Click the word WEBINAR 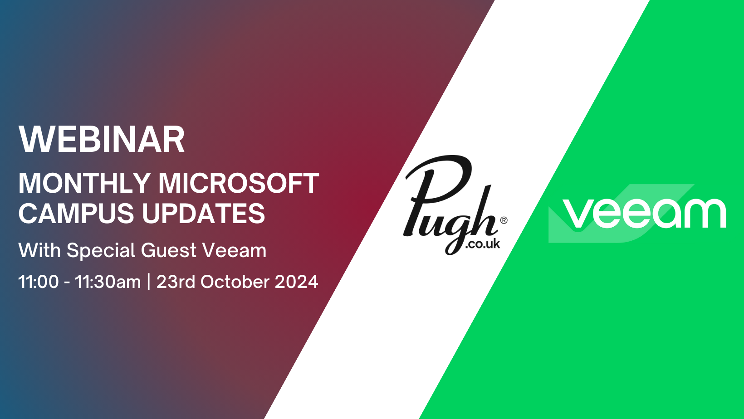(x=102, y=140)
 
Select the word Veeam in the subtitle (x=234, y=251)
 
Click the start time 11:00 (x=39, y=282)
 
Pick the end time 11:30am (x=108, y=282)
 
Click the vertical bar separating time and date (x=149, y=282)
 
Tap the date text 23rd (x=176, y=282)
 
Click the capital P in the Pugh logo (x=436, y=190)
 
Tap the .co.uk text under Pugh (x=482, y=244)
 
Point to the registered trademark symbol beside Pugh (x=504, y=220)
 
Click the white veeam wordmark (x=644, y=213)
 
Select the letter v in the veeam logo (x=579, y=214)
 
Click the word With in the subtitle (x=39, y=251)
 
